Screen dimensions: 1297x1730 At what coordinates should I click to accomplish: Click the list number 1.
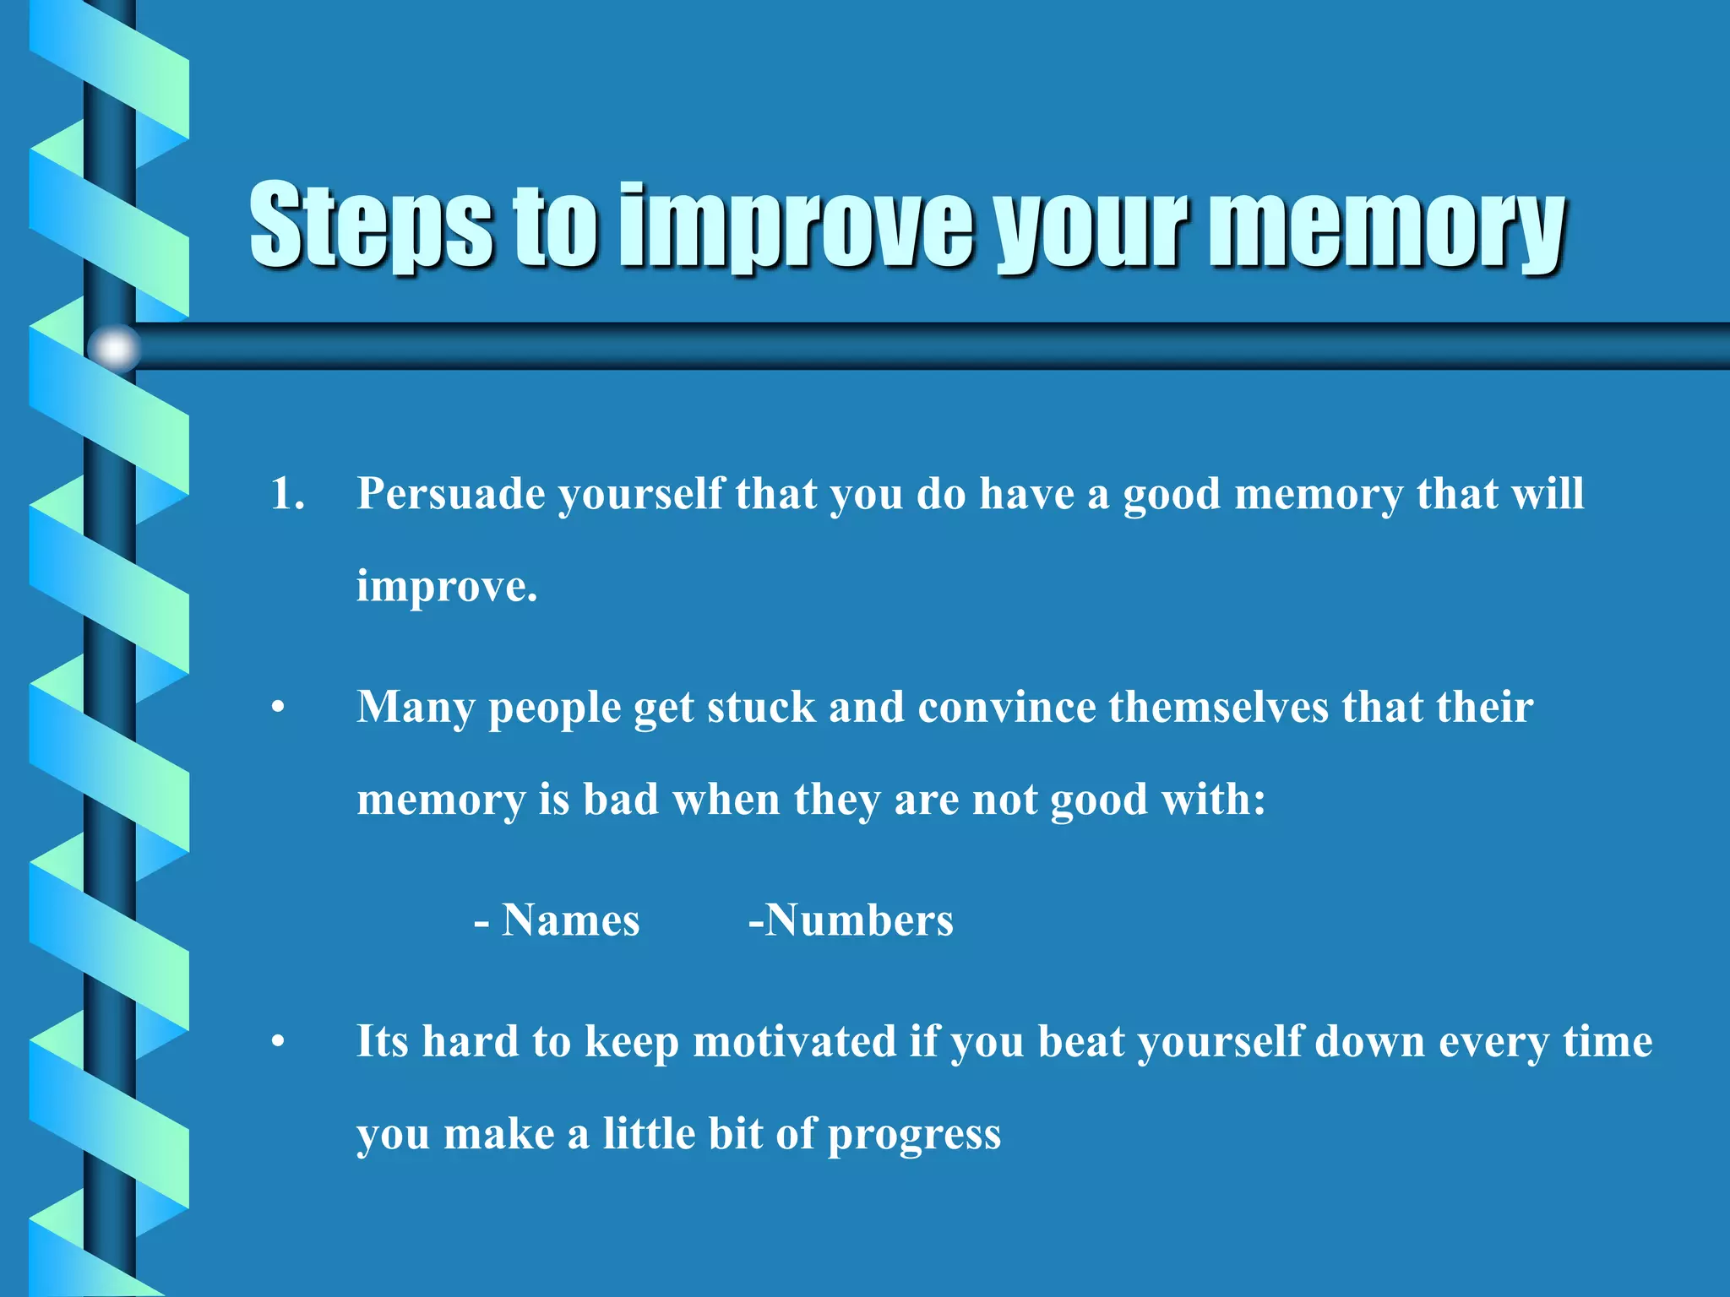point(287,494)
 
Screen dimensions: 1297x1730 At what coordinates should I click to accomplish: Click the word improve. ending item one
point(446,586)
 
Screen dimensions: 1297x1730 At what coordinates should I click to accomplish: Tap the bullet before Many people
point(278,708)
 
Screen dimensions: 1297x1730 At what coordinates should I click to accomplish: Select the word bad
point(621,799)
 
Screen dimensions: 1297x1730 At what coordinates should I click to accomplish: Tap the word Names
point(570,920)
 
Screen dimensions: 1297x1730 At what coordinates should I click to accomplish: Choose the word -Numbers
point(851,920)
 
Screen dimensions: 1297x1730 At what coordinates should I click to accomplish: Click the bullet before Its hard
point(278,1044)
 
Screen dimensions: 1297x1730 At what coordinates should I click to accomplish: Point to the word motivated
point(794,1042)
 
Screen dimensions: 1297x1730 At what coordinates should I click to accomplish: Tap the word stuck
point(761,708)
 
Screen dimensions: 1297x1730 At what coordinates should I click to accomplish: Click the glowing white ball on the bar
point(114,347)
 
